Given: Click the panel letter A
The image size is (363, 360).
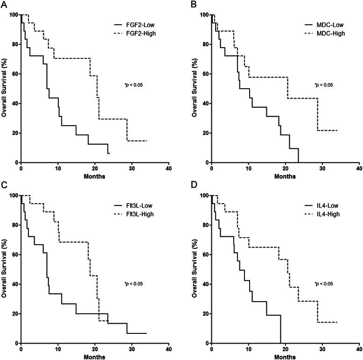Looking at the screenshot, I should (4, 4).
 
